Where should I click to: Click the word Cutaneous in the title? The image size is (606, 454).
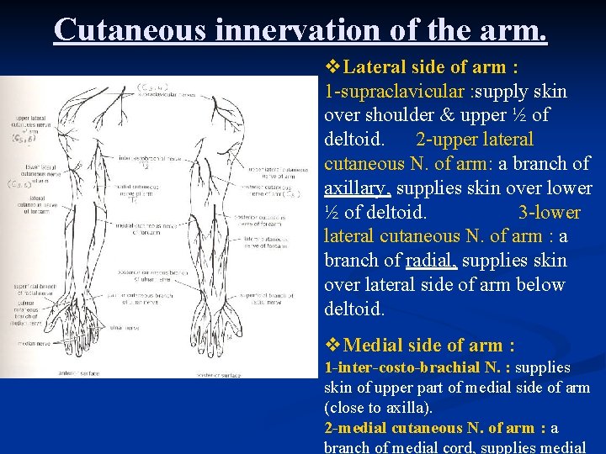click(130, 29)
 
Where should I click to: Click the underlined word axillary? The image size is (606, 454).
click(352, 187)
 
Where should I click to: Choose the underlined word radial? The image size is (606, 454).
click(432, 261)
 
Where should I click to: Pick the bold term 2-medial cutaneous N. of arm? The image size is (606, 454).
click(428, 428)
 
